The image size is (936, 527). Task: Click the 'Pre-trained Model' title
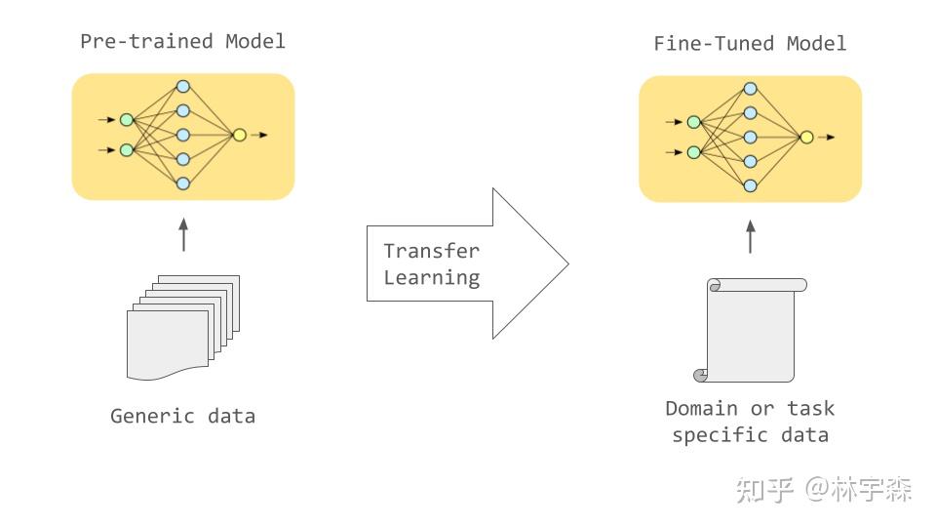(x=182, y=41)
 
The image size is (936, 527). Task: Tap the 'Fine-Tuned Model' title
(x=750, y=43)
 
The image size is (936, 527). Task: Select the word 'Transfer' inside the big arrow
(x=432, y=250)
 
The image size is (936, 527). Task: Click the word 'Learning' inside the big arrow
(x=432, y=277)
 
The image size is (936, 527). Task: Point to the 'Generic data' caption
(x=182, y=416)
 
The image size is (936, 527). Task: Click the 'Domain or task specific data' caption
(x=750, y=422)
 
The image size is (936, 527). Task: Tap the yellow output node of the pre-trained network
(x=239, y=135)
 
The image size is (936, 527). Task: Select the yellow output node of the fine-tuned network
(x=806, y=137)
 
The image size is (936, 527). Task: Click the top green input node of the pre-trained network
(x=126, y=120)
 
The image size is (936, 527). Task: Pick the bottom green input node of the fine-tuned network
(x=693, y=152)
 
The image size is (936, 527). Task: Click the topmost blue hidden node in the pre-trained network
(x=182, y=87)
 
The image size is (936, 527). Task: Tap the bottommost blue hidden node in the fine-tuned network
(x=750, y=185)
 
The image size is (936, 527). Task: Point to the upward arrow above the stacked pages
(x=182, y=235)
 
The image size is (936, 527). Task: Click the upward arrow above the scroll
(x=750, y=237)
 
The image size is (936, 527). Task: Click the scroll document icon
(x=750, y=330)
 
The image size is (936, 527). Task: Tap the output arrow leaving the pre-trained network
(x=258, y=135)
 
